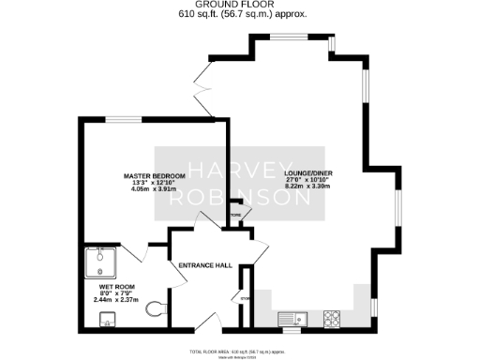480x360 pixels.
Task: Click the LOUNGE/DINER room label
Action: (x=308, y=173)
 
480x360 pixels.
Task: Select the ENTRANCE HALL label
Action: (x=205, y=265)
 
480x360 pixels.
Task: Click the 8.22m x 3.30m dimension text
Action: (x=308, y=187)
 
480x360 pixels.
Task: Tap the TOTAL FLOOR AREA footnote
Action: (x=240, y=351)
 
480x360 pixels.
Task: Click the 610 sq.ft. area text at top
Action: (x=240, y=15)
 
